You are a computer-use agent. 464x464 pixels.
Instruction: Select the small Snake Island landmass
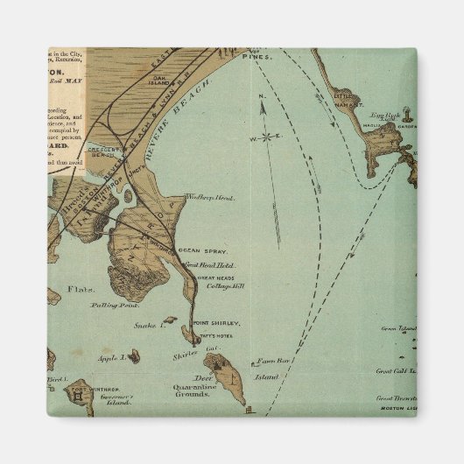[169, 320]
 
